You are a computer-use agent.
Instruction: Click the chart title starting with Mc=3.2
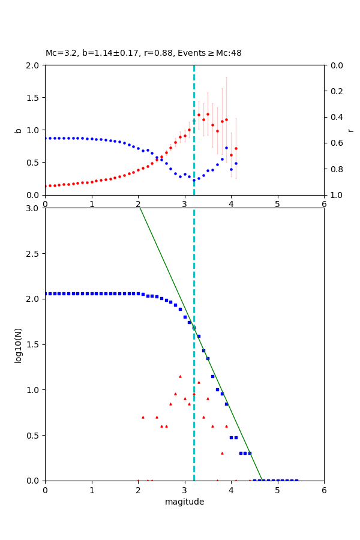143,53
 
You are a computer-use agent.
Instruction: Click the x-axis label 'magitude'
184,502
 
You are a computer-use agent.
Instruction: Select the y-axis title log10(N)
18,344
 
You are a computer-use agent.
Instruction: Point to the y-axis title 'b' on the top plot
18,130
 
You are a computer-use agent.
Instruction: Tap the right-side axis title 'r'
350,130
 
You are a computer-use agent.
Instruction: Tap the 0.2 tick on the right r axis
335,91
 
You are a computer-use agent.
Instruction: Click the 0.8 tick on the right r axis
335,169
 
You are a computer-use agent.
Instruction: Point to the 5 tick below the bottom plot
277,490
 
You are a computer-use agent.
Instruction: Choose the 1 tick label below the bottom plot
91,490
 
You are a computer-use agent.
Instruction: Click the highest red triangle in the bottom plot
180,376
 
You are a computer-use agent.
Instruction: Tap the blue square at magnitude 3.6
212,376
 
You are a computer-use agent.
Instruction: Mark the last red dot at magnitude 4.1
236,148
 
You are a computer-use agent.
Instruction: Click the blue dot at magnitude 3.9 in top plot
226,148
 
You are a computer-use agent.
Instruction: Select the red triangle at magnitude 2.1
143,417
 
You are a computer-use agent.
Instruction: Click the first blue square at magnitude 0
46,293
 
